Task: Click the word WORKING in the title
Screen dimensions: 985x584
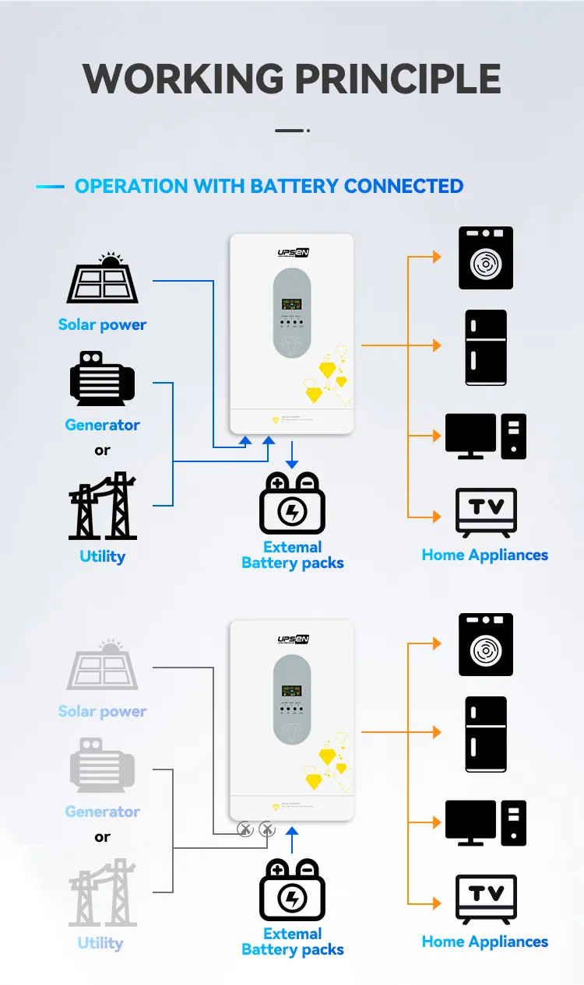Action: [x=184, y=79]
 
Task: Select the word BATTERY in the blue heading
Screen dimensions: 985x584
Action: [x=294, y=187]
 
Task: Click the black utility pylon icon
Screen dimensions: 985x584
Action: [x=102, y=507]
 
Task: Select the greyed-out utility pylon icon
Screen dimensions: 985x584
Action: [x=102, y=893]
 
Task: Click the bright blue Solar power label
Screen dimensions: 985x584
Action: [x=102, y=325]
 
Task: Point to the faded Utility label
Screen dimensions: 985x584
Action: [x=100, y=943]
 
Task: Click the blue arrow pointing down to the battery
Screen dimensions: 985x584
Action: [x=291, y=457]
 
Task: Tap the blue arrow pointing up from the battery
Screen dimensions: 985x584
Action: [x=292, y=839]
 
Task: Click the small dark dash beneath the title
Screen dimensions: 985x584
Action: [x=290, y=131]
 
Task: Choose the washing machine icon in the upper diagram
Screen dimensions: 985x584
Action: [x=486, y=258]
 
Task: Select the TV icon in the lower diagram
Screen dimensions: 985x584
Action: [x=486, y=899]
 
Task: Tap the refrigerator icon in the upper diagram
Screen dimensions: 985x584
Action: [x=486, y=347]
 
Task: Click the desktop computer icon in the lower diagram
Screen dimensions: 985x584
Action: [x=486, y=822]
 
